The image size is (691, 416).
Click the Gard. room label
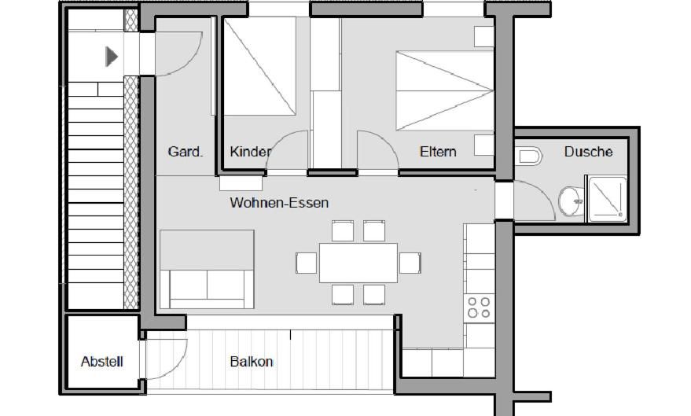click(x=186, y=151)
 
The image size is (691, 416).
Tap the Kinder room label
click(x=250, y=151)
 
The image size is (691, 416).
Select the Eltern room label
click(x=438, y=151)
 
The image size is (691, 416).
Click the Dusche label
click(x=588, y=151)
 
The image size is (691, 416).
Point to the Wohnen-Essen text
click(x=279, y=203)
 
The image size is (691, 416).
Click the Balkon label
click(x=252, y=362)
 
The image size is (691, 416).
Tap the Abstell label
click(x=102, y=362)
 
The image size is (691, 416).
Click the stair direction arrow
click(x=112, y=56)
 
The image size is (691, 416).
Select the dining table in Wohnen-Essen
click(x=358, y=263)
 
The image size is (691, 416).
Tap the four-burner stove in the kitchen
click(x=479, y=307)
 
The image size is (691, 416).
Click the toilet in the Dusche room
click(x=530, y=156)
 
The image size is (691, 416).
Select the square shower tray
click(x=607, y=199)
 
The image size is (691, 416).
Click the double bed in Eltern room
click(x=444, y=90)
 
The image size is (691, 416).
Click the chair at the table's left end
click(x=306, y=263)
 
